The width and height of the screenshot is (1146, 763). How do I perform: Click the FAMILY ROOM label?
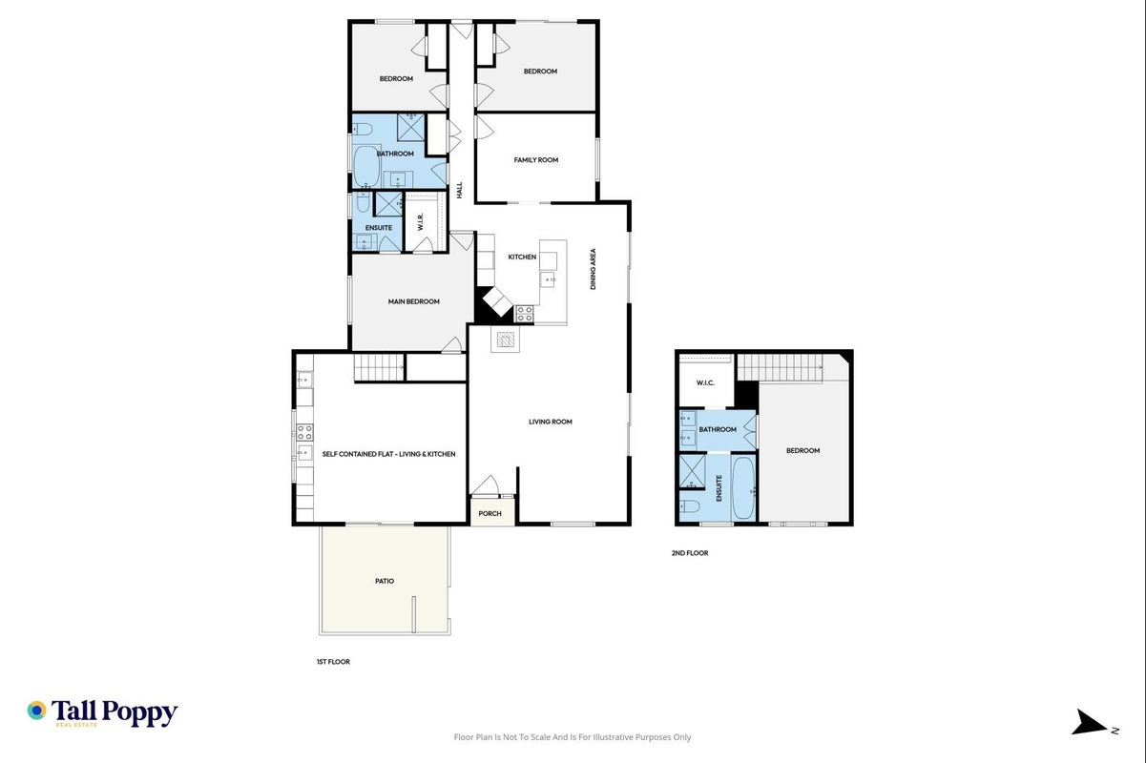pyautogui.click(x=535, y=160)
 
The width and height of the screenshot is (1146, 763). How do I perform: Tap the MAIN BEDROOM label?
pyautogui.click(x=413, y=301)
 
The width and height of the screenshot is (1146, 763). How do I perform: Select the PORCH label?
pyautogui.click(x=490, y=513)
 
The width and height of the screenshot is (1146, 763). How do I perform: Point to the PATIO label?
pyautogui.click(x=385, y=581)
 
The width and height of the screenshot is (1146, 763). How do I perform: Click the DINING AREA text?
pyautogui.click(x=593, y=269)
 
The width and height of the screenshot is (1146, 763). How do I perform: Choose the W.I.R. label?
pyautogui.click(x=421, y=222)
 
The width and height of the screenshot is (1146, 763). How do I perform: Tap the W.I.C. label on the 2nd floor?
pyautogui.click(x=705, y=383)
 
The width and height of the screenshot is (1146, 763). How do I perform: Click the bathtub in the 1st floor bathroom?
pyautogui.click(x=365, y=167)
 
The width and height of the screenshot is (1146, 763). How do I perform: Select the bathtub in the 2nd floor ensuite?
pyautogui.click(x=743, y=488)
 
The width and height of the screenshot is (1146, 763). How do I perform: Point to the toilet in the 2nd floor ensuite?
pyautogui.click(x=690, y=506)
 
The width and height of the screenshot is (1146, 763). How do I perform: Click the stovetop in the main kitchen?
pyautogui.click(x=524, y=314)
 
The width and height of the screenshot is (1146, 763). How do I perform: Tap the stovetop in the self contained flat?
pyautogui.click(x=304, y=432)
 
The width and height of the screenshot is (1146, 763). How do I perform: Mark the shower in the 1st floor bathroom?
pyautogui.click(x=411, y=128)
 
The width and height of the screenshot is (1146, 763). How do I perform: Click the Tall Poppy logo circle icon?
pyautogui.click(x=37, y=711)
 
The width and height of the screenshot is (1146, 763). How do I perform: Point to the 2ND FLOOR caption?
pyautogui.click(x=690, y=553)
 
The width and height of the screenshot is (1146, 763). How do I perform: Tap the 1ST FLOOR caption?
pyautogui.click(x=333, y=662)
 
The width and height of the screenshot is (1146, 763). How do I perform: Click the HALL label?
pyautogui.click(x=459, y=190)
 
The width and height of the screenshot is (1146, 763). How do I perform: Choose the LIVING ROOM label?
pyautogui.click(x=551, y=422)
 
